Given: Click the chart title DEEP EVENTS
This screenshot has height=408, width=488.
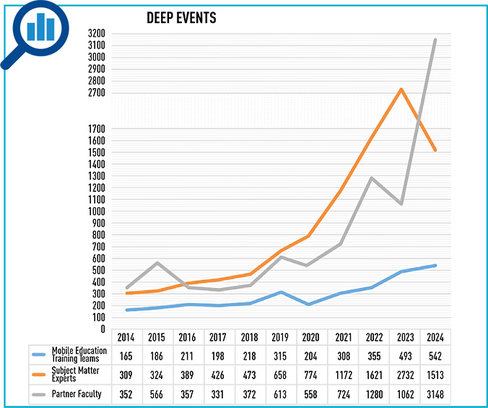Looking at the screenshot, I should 180,17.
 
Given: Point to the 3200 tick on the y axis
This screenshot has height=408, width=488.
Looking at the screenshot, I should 96,33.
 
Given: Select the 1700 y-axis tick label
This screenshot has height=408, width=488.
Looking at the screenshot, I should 96,129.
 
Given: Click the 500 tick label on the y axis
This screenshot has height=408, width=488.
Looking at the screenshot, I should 99,270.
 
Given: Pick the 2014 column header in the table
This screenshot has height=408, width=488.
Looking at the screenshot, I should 126,337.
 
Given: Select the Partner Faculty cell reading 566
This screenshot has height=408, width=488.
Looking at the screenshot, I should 157,394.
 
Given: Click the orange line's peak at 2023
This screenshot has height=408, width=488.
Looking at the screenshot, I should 401,89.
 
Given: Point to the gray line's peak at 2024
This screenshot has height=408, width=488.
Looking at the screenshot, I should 435,40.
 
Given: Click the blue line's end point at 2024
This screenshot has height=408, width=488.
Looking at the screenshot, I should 435,265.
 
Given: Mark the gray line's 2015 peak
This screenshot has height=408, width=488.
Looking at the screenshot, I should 157,262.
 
